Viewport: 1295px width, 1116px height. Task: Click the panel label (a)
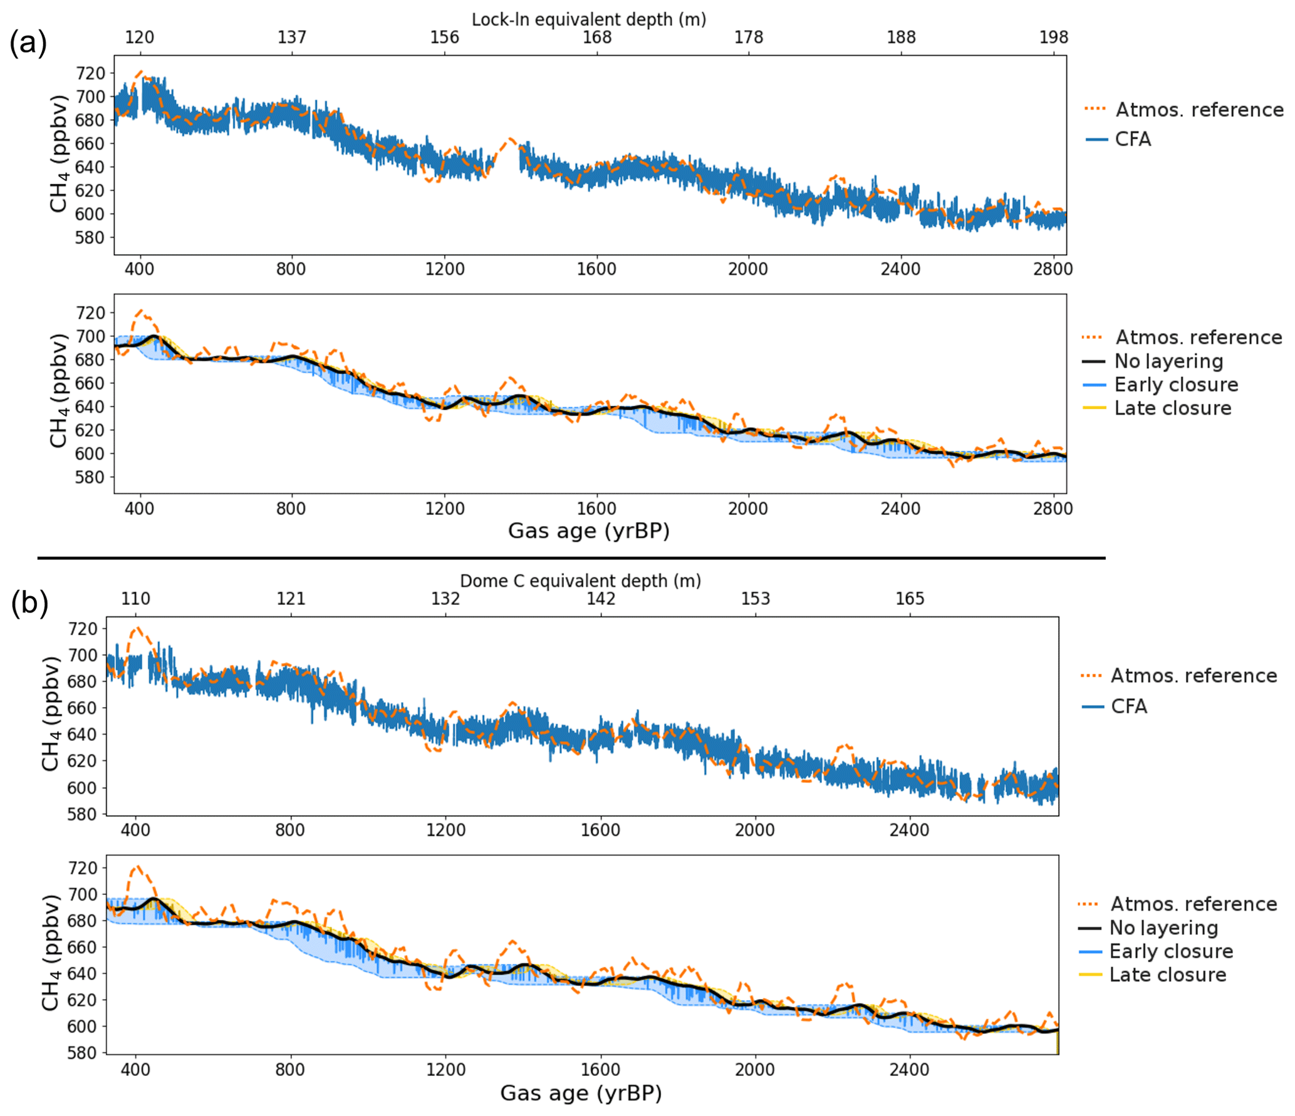(28, 44)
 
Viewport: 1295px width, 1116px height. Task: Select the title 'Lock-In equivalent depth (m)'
(588, 19)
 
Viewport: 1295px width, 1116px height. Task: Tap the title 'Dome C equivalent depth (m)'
(580, 581)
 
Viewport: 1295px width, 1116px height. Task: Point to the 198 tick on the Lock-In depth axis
(1053, 38)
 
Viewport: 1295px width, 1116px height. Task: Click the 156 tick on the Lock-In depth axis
(444, 38)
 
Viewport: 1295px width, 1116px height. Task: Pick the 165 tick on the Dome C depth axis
(909, 599)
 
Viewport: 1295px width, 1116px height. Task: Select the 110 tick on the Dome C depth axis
(135, 599)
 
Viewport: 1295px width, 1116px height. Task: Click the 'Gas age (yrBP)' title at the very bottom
(581, 1093)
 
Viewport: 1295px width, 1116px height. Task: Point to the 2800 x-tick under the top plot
(1053, 269)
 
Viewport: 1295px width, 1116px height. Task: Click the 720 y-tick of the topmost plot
(90, 73)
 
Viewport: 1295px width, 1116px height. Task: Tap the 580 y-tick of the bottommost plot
(83, 1053)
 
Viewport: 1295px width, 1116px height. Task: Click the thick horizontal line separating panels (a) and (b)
(571, 557)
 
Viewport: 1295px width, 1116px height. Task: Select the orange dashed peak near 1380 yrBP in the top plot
(511, 140)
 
